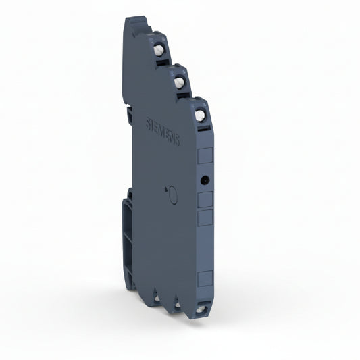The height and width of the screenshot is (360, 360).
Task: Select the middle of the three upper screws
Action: point(180,82)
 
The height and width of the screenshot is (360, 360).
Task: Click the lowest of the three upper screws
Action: point(200,115)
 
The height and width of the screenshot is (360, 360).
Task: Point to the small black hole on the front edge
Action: point(203,180)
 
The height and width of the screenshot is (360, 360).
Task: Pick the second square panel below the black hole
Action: point(204,217)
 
